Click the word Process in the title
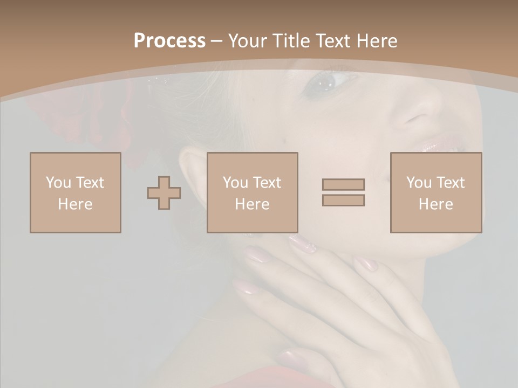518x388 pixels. point(169,40)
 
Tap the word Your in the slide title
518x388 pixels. point(248,40)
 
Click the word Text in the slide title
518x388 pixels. point(332,40)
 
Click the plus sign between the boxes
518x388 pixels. point(164,193)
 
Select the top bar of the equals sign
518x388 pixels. point(343,184)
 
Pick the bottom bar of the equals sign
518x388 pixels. point(343,200)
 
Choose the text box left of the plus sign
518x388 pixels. point(76,192)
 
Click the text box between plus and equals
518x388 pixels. point(253,192)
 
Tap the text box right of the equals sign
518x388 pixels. point(436,192)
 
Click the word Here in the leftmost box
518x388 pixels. point(76,204)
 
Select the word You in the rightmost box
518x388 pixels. point(418,183)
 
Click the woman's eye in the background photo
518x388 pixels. point(324,82)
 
